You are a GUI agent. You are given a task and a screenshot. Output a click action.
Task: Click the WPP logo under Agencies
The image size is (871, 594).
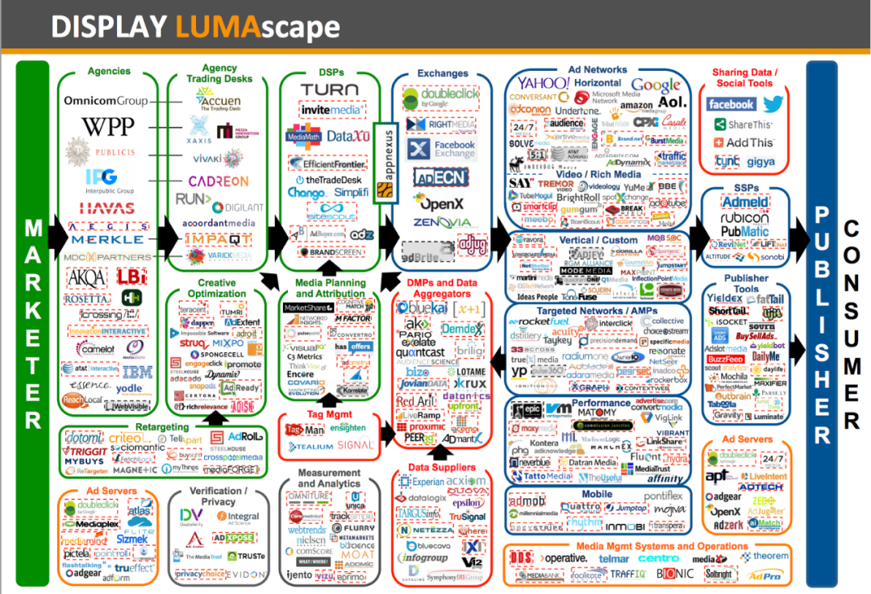pos(107,127)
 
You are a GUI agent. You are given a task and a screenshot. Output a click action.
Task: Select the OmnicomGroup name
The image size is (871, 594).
pos(106,101)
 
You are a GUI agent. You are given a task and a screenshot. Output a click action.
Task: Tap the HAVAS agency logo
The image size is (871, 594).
pos(106,208)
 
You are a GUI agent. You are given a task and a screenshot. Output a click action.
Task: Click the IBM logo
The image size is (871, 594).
pos(137,372)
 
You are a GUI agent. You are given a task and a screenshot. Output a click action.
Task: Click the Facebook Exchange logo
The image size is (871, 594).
pos(443,149)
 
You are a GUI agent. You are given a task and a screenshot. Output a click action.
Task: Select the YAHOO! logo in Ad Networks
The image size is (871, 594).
pos(544,83)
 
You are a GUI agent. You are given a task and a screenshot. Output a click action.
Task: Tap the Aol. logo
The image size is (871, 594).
pos(673,102)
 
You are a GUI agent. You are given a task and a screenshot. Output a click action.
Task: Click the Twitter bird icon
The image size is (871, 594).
pos(773,104)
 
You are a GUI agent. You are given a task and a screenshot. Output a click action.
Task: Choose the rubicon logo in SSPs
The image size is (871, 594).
pos(745,218)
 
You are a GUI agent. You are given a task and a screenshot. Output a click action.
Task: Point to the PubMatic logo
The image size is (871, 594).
pos(744,231)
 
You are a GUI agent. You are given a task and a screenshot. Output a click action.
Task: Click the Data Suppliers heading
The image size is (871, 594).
pos(441,467)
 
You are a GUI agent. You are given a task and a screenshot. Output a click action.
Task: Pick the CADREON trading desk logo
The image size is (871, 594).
pos(218,181)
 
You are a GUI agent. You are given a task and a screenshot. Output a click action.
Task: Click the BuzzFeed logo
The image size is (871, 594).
pos(725,359)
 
